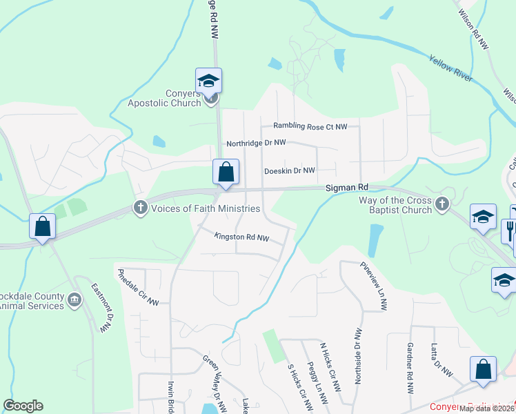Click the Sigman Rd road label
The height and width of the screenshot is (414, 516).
point(348,187)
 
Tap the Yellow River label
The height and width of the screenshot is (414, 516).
point(450,69)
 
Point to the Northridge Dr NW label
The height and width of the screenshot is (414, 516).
point(256,144)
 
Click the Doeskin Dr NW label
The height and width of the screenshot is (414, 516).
point(289,170)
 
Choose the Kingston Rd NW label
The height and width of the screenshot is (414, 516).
point(241,237)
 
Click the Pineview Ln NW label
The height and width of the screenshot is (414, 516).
point(371,286)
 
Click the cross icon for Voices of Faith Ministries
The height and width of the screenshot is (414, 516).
point(141,208)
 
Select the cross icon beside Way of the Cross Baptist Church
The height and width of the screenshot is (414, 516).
point(442,204)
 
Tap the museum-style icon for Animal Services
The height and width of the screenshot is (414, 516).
point(75,300)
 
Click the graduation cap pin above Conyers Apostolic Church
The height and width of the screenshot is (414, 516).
point(208,81)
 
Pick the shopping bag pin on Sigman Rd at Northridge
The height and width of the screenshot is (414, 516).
point(226,172)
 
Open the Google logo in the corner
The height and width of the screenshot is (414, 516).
point(23,406)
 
